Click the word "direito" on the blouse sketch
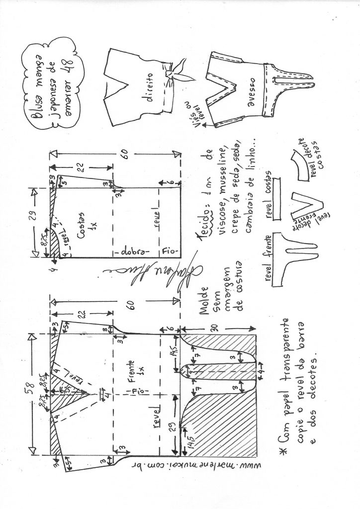pyautogui.click(x=148, y=89)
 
